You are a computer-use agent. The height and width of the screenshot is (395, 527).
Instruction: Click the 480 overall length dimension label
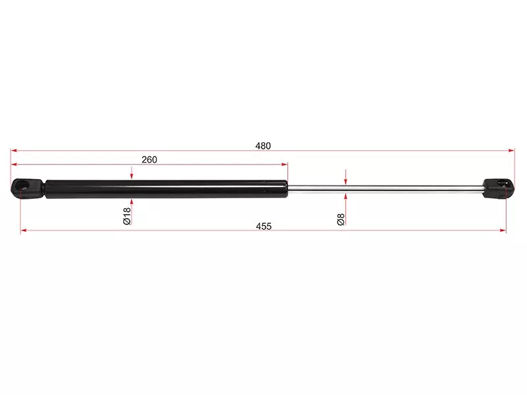[263, 145]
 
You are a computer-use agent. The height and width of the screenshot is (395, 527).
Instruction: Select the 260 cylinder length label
[150, 159]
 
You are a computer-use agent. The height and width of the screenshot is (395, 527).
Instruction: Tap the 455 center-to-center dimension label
[263, 226]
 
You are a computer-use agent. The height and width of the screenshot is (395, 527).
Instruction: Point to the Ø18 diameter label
[126, 216]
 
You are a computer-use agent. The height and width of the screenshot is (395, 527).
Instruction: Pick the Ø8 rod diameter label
[341, 219]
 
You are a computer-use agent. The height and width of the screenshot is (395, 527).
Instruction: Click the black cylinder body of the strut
[167, 189]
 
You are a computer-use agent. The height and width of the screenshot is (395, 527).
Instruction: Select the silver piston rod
[385, 189]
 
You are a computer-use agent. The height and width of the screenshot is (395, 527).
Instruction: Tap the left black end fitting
[28, 188]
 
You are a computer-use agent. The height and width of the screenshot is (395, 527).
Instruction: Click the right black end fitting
[499, 188]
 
